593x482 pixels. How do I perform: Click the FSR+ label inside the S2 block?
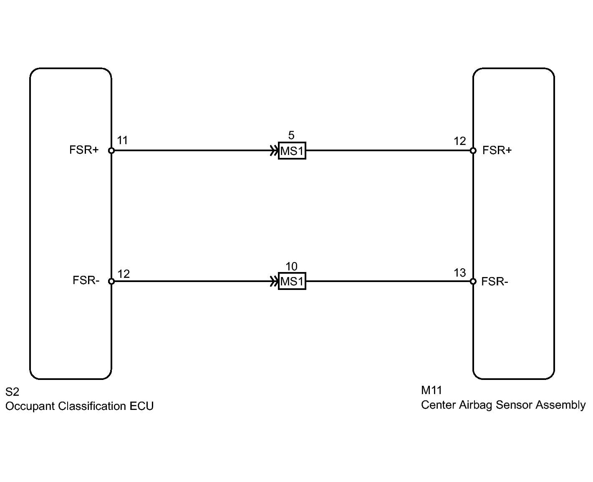tap(84, 150)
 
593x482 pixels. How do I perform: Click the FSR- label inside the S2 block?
tap(86, 280)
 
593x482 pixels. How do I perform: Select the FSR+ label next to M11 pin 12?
tap(497, 150)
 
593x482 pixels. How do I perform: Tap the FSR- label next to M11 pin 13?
tap(495, 282)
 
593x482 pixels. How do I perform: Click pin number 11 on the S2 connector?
tap(122, 140)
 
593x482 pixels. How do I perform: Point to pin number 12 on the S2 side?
tap(124, 274)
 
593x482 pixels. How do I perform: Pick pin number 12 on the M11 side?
tap(459, 141)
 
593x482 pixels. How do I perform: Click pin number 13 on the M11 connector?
tap(459, 273)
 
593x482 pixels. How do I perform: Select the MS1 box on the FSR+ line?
tap(292, 151)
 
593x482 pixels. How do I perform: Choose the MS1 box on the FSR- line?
tap(292, 282)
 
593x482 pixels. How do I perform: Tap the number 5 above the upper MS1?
tap(291, 135)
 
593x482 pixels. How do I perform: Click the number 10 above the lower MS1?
tap(291, 267)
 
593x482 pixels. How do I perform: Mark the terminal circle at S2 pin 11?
tap(111, 150)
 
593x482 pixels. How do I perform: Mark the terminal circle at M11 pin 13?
tap(473, 282)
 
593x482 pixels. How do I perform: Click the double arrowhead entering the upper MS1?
tap(274, 150)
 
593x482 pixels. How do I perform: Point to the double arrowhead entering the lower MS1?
tap(274, 282)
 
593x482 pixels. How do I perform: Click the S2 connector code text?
tap(12, 392)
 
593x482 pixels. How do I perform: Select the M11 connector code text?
tap(431, 390)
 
